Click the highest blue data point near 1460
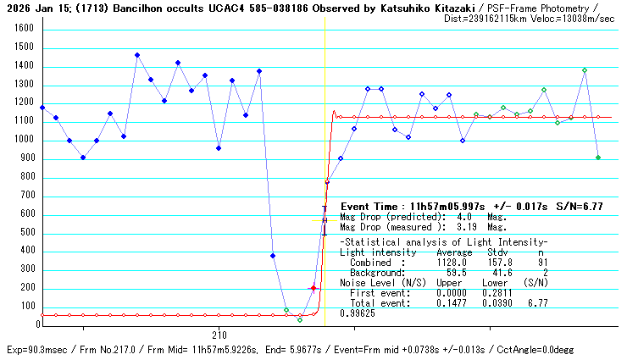coord(137,55)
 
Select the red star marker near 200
coord(313,288)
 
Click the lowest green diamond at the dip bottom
coord(300,319)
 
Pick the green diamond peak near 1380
coord(585,70)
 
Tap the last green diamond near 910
coord(598,158)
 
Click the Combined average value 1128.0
coord(454,263)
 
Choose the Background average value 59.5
coord(458,273)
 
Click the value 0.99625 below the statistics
coord(358,313)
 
